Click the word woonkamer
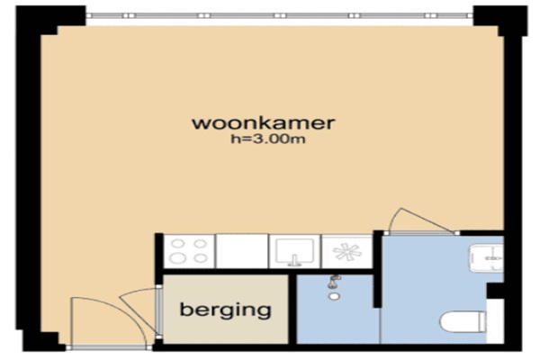pyautogui.click(x=263, y=123)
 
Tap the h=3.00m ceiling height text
pyautogui.click(x=268, y=139)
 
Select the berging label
pyautogui.click(x=226, y=310)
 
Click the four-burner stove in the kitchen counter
pyautogui.click(x=189, y=251)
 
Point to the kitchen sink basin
pyautogui.click(x=295, y=251)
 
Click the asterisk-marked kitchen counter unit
pyautogui.click(x=347, y=251)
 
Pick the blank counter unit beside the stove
pyautogui.click(x=242, y=251)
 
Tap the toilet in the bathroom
pyautogui.click(x=463, y=322)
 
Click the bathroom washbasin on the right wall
pyautogui.click(x=487, y=257)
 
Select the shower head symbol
pyautogui.click(x=334, y=281)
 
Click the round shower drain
pyautogui.click(x=333, y=296)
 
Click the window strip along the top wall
pyautogui.click(x=280, y=15)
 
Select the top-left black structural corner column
pyautogui.click(x=49, y=19)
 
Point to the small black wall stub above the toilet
pyautogui.click(x=495, y=291)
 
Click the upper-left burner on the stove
pyautogui.click(x=176, y=244)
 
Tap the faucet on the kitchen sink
pyautogui.click(x=294, y=261)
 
